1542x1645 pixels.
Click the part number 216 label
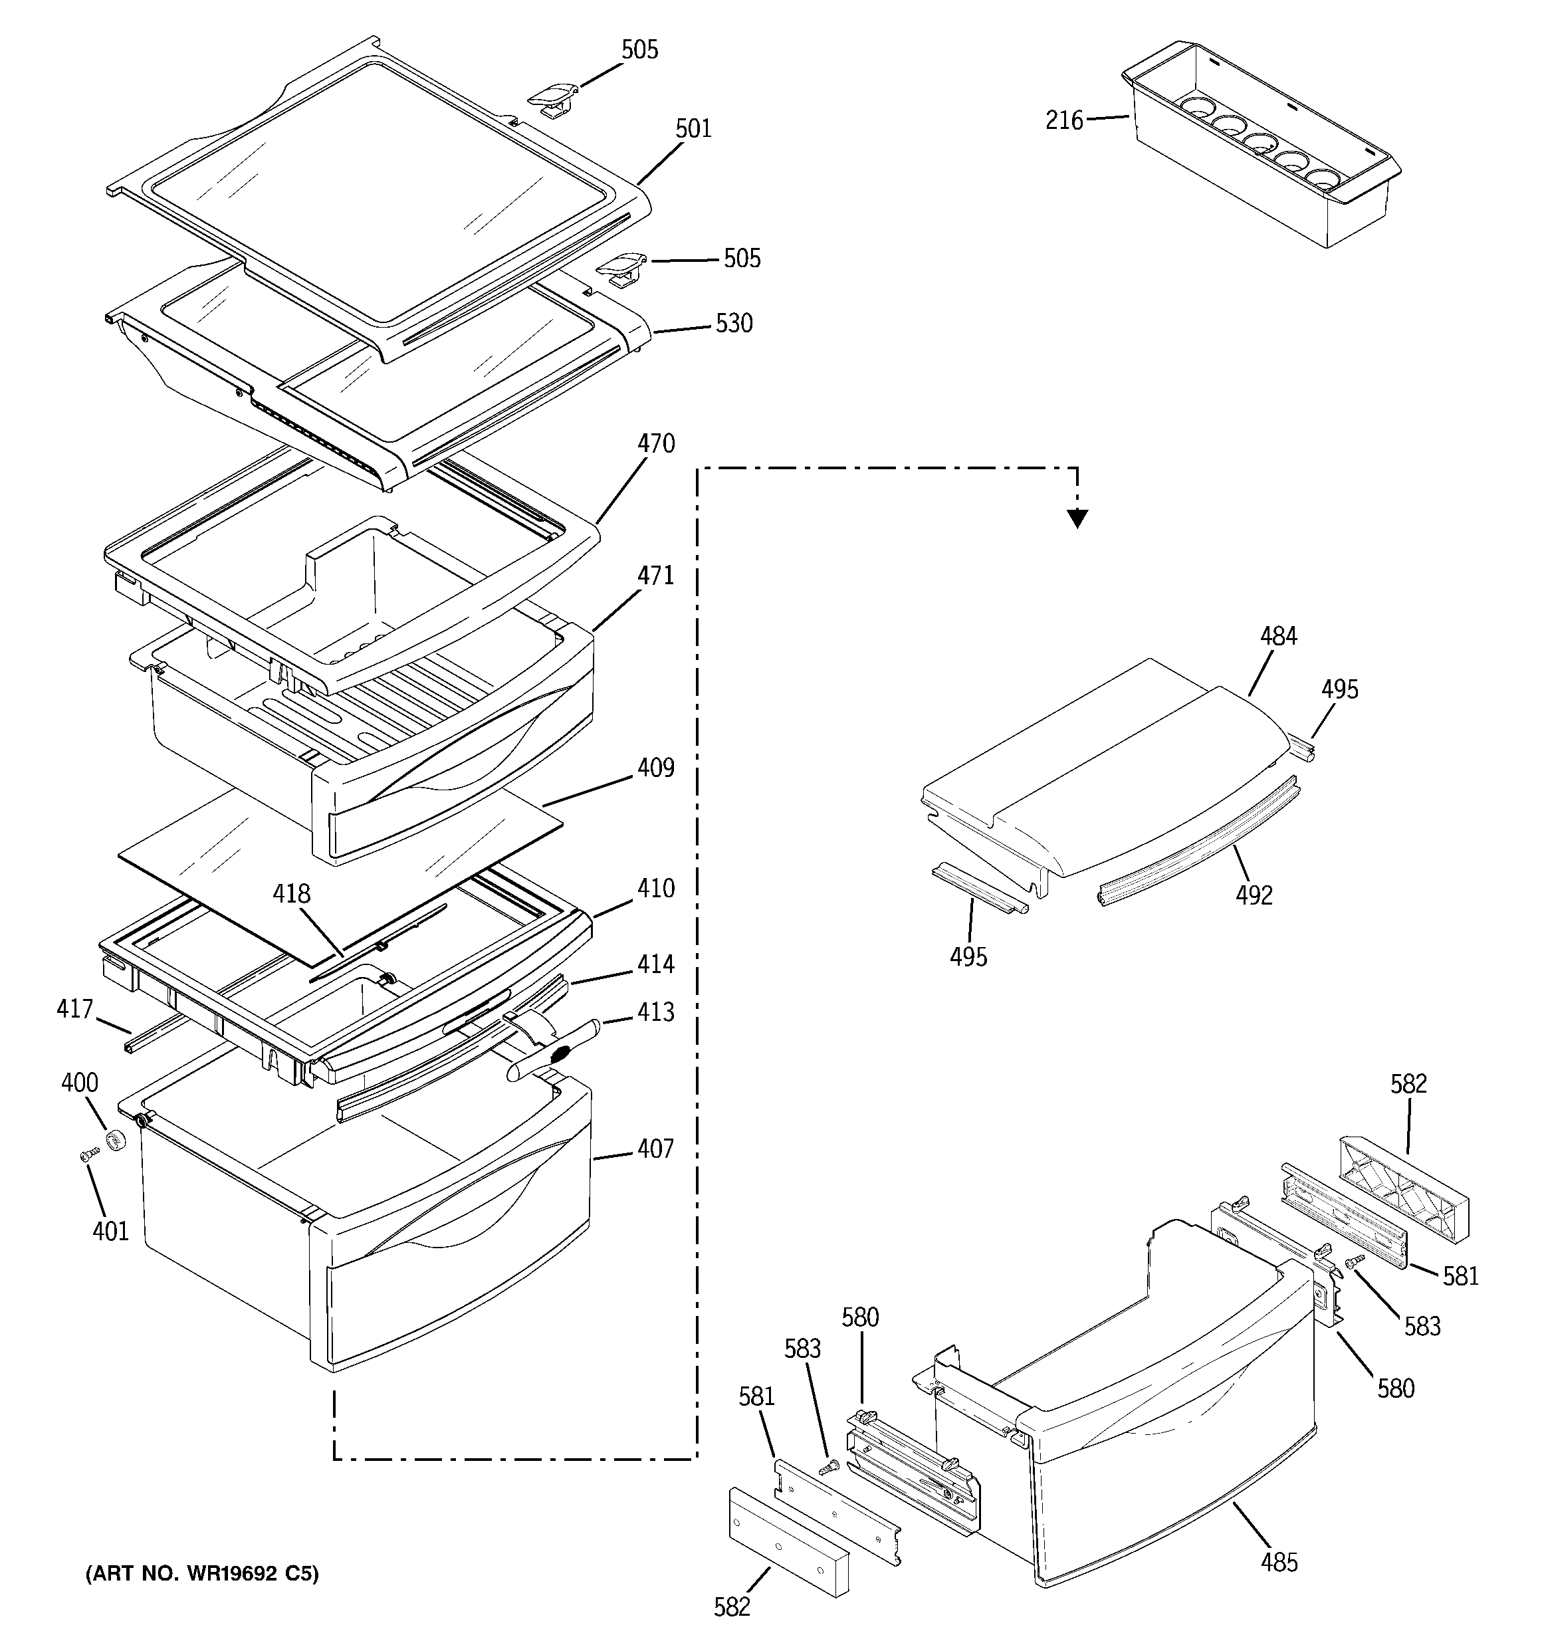1063,121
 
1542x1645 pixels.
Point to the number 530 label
733,324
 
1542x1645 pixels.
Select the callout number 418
292,894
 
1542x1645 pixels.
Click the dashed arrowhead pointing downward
1077,519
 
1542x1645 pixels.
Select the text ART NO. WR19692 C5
202,1574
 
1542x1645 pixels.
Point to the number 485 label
1279,1563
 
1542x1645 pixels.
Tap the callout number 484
1279,636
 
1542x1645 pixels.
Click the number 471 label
655,575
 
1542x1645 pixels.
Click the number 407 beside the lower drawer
655,1149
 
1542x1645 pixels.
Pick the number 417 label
74,1009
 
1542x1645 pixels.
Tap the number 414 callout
655,964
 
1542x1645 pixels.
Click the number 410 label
655,889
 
